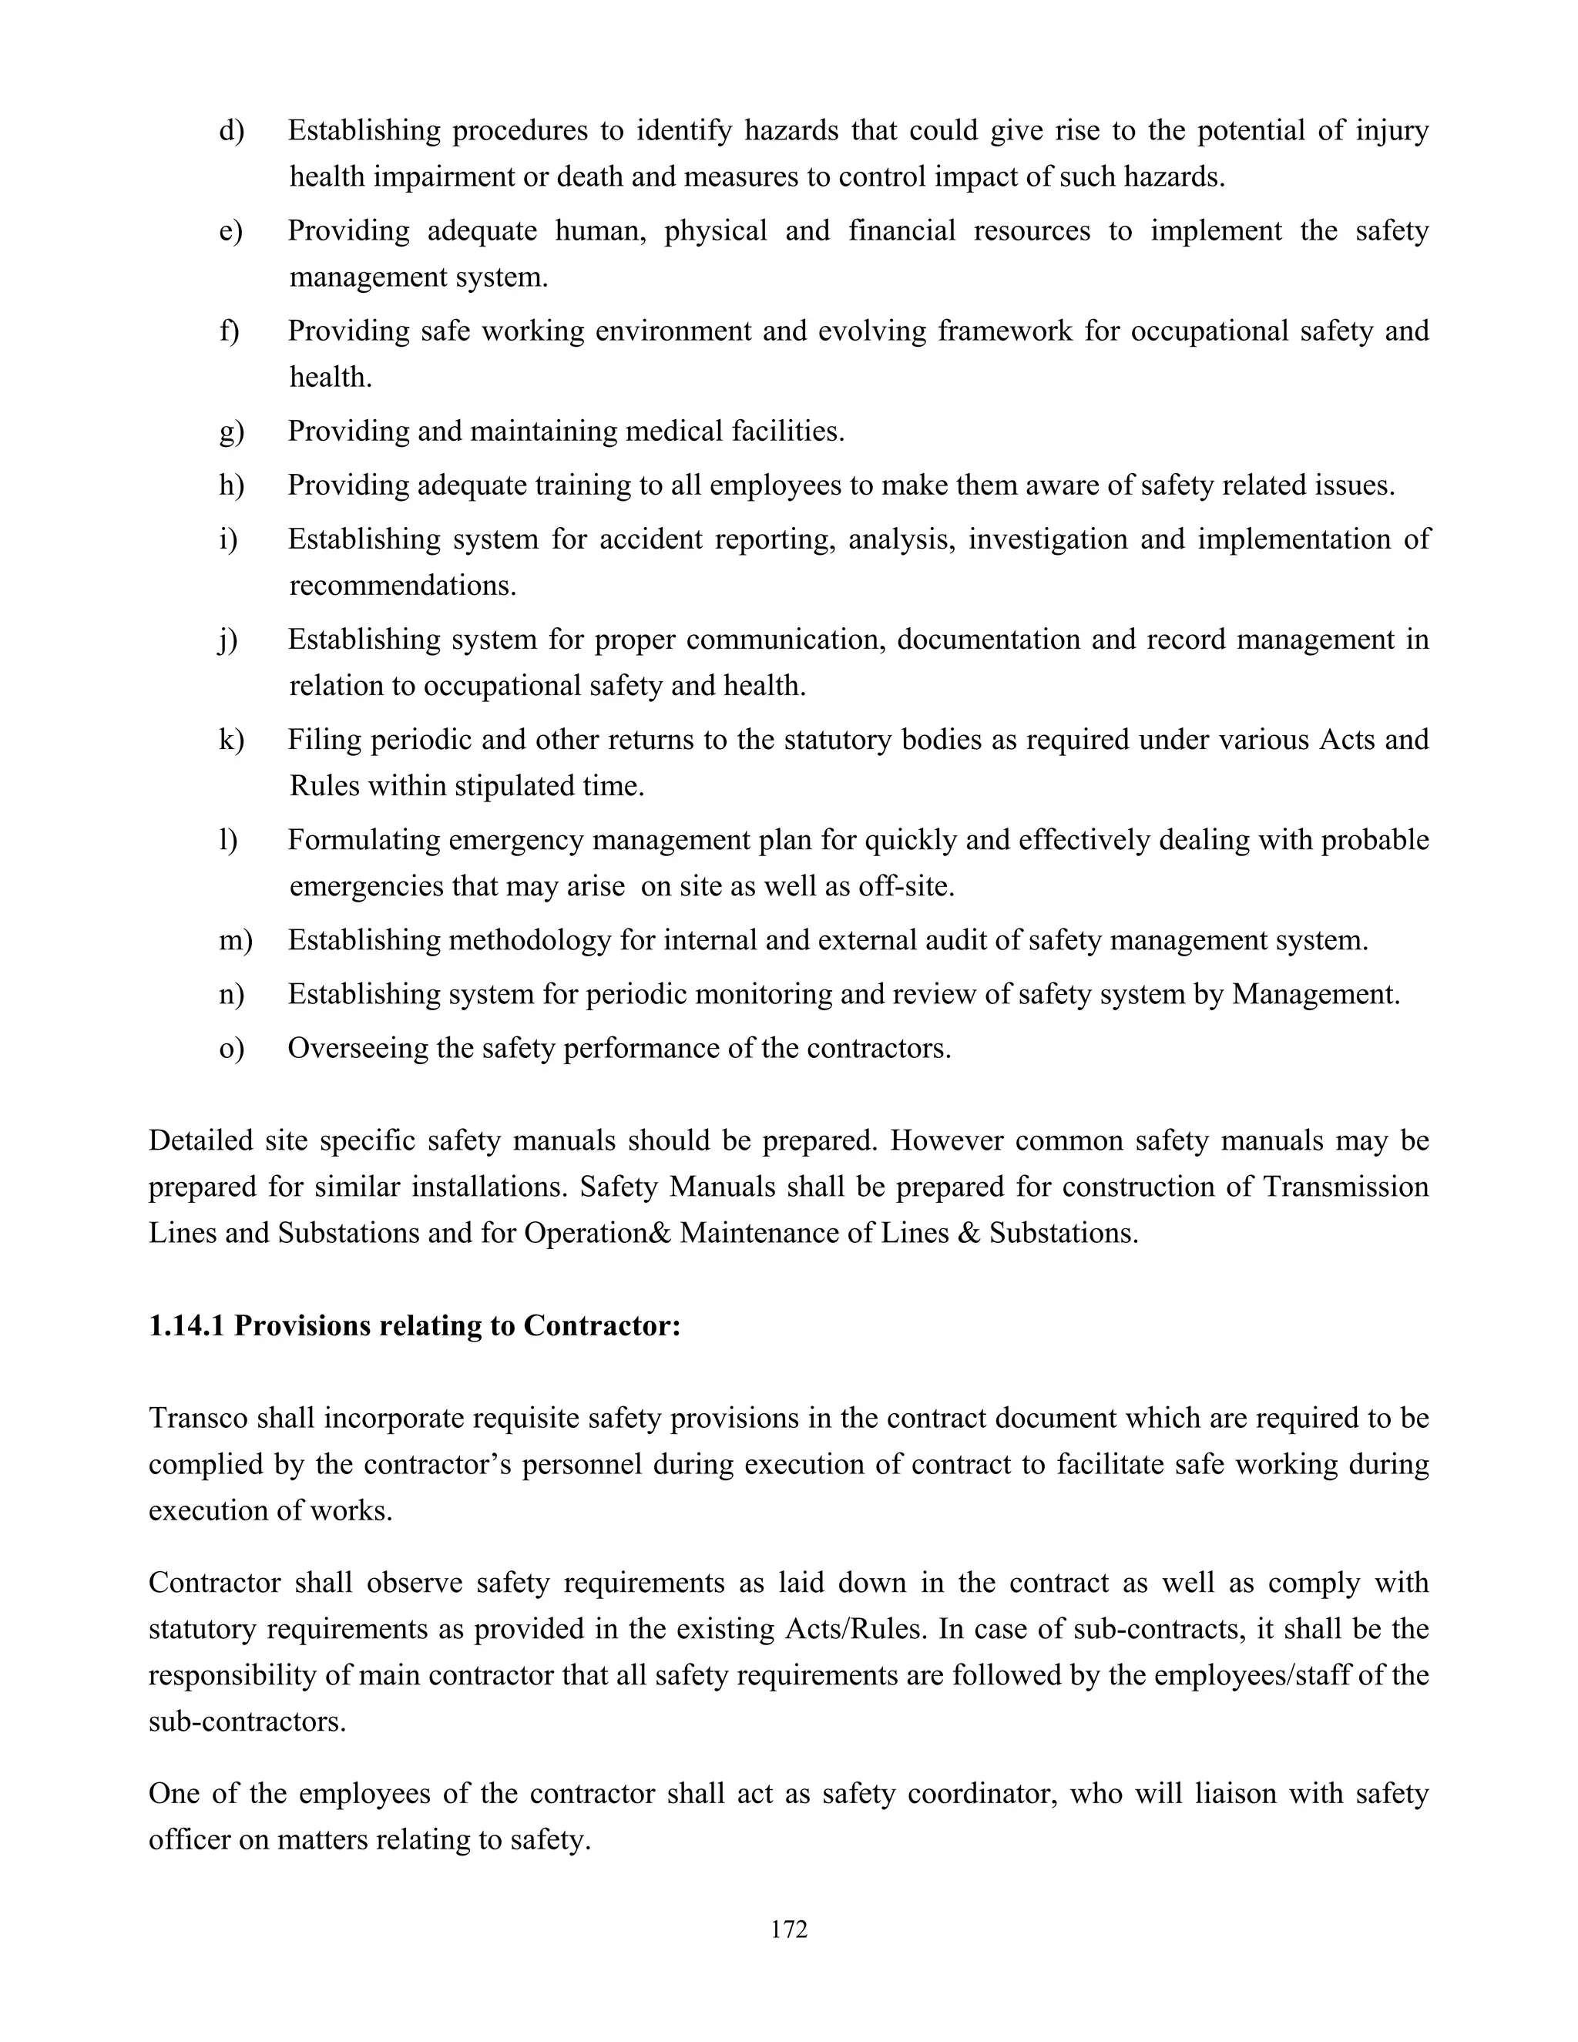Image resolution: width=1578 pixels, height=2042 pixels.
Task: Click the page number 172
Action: point(789,1929)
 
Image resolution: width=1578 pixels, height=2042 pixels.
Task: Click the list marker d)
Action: point(231,131)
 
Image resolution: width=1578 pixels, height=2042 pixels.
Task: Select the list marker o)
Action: point(231,1048)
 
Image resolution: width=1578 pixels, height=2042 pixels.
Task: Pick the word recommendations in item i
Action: point(402,586)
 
